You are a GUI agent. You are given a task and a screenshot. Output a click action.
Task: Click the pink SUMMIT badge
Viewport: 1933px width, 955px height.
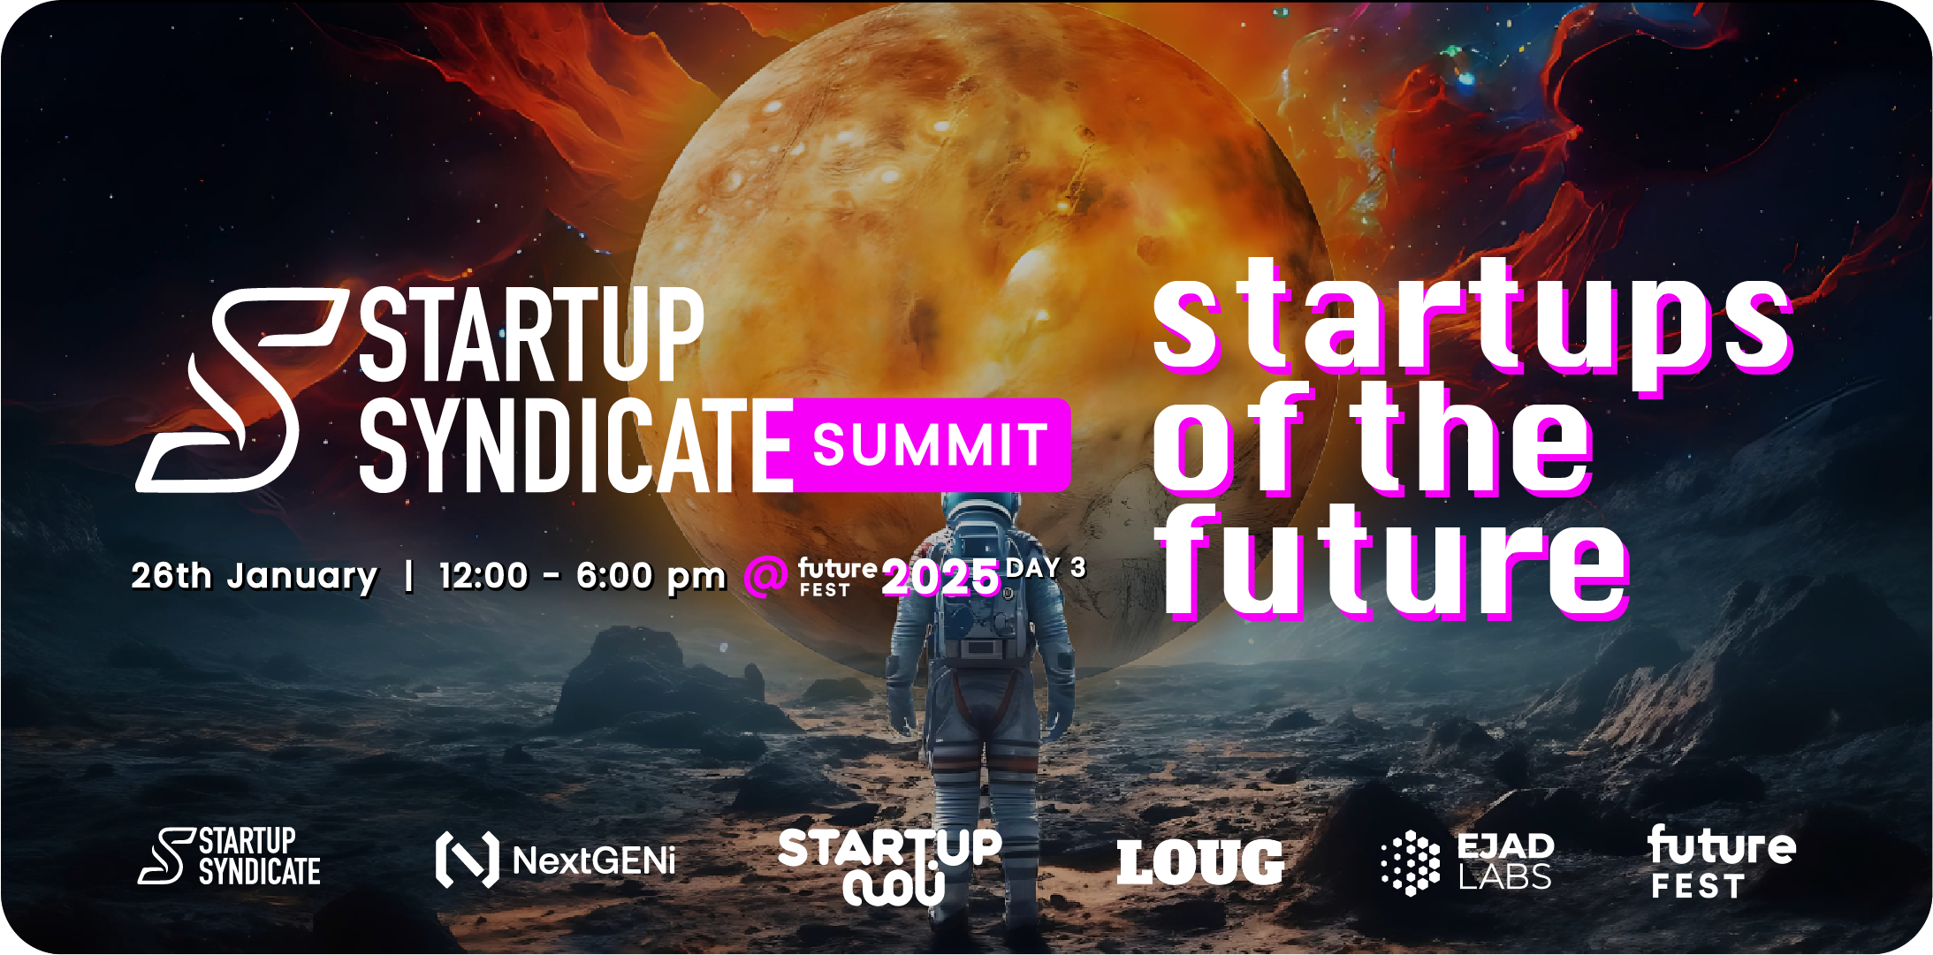pyautogui.click(x=932, y=444)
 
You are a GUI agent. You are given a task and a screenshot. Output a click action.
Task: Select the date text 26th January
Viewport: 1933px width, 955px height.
pyautogui.click(x=255, y=576)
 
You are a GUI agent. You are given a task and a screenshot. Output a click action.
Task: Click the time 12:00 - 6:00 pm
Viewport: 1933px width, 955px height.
pyautogui.click(x=582, y=576)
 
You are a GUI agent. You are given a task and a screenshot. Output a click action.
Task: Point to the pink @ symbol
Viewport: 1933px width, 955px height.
pyautogui.click(x=765, y=576)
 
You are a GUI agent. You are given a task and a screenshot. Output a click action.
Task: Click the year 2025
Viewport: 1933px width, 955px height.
pyautogui.click(x=941, y=579)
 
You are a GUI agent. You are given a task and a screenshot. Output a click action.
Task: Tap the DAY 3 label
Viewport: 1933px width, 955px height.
pyautogui.click(x=1046, y=568)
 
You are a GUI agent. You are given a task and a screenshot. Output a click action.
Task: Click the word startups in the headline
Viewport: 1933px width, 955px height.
pyautogui.click(x=1473, y=322)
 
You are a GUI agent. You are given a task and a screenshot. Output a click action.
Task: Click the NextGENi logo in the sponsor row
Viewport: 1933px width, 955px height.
pyautogui.click(x=556, y=860)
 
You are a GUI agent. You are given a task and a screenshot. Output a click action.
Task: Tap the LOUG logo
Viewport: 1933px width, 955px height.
pyautogui.click(x=1200, y=862)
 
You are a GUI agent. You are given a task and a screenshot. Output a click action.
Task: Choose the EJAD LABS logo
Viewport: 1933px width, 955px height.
pyautogui.click(x=1467, y=862)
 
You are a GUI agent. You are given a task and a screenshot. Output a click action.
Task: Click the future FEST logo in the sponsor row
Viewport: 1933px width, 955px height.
pyautogui.click(x=1722, y=861)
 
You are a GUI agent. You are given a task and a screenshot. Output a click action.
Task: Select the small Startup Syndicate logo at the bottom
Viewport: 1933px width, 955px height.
pyautogui.click(x=230, y=856)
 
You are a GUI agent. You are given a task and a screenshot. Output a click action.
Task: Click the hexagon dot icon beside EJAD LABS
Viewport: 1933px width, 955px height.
pyautogui.click(x=1411, y=863)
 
